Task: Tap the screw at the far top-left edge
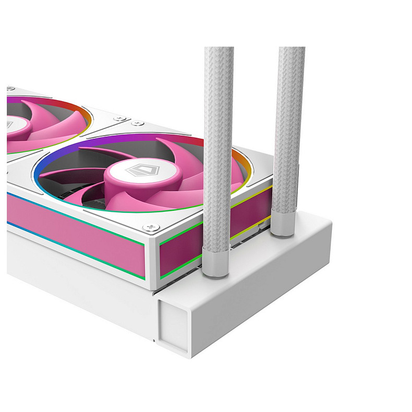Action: coord(9,90)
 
